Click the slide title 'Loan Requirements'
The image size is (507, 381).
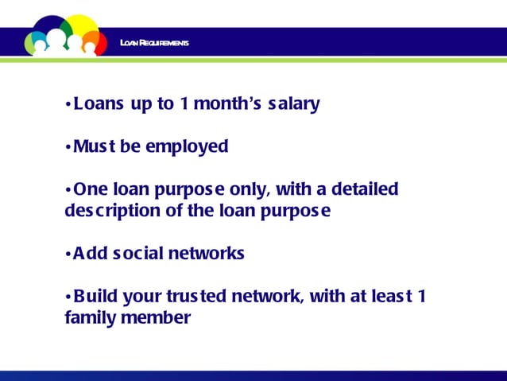(x=154, y=42)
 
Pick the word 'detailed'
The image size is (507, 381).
(x=364, y=190)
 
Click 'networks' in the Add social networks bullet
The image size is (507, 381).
(x=206, y=255)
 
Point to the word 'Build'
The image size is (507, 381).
(x=96, y=297)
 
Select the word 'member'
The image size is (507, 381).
(x=156, y=319)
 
